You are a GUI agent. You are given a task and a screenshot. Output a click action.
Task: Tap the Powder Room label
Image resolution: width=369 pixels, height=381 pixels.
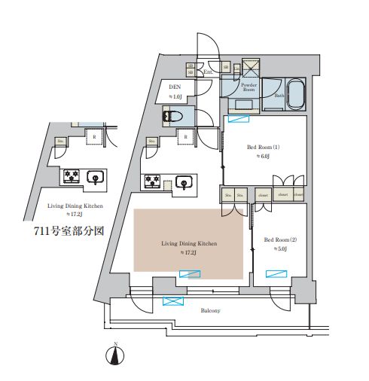click(x=248, y=87)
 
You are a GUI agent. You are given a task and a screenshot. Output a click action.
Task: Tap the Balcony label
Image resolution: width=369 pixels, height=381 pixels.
click(x=209, y=310)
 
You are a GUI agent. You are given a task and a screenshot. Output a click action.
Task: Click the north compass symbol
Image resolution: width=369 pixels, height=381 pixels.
click(x=116, y=355)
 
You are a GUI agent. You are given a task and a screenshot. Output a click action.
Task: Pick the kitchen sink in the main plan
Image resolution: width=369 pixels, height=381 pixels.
click(x=182, y=181)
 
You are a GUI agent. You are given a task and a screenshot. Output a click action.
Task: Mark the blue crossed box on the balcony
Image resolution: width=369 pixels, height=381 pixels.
click(x=173, y=302)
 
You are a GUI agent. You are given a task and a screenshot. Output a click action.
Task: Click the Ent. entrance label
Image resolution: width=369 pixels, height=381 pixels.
click(x=208, y=72)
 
